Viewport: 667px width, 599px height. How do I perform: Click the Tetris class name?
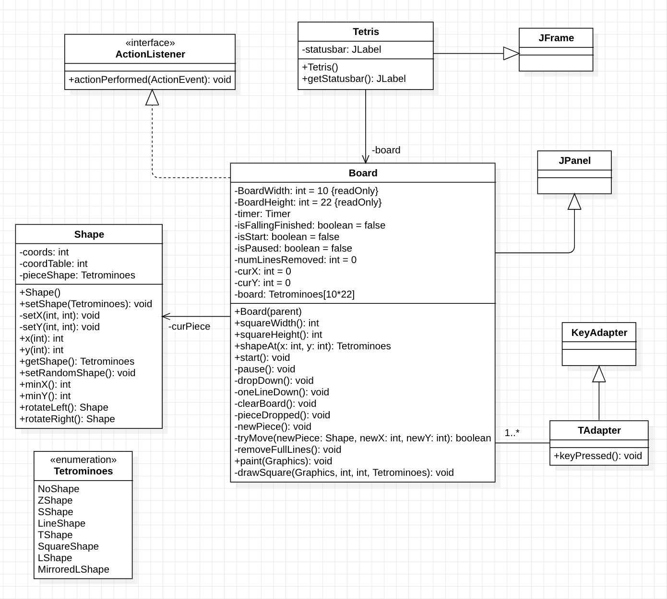pos(366,32)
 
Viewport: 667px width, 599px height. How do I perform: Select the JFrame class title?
pos(556,38)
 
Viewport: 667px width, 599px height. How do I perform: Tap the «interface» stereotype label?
pos(150,43)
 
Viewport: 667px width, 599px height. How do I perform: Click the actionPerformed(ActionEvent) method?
pos(150,80)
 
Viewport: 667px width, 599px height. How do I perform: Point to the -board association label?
pos(386,150)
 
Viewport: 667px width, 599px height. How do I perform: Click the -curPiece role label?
pos(190,327)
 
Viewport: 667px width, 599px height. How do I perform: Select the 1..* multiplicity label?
pos(512,433)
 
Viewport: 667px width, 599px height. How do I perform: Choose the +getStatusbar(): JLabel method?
pos(354,79)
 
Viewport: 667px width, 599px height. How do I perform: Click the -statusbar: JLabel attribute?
pos(341,50)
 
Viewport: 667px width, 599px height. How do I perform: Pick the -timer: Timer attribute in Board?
pos(262,214)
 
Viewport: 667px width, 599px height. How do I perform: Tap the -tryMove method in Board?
pos(363,438)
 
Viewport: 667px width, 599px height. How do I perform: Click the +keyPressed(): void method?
pos(598,456)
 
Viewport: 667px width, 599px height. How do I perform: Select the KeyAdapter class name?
pos(599,333)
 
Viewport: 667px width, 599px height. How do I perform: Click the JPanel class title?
pos(574,161)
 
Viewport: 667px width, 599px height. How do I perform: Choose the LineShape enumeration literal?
pos(61,524)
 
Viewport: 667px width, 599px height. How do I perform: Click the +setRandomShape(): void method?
pos(77,373)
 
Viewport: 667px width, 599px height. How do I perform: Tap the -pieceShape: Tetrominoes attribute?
pos(77,276)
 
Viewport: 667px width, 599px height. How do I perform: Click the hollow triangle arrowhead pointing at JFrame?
pos(511,54)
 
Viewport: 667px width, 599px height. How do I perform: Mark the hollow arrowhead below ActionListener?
pos(152,98)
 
